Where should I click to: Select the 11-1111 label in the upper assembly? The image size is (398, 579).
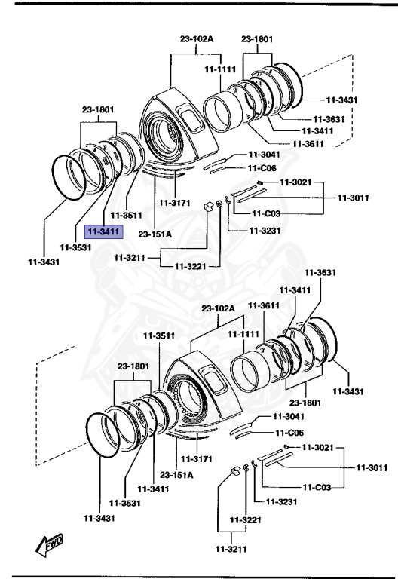click(x=220, y=69)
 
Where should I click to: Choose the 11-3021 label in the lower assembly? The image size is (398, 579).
click(x=317, y=447)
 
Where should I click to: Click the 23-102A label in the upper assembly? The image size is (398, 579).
click(x=196, y=38)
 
